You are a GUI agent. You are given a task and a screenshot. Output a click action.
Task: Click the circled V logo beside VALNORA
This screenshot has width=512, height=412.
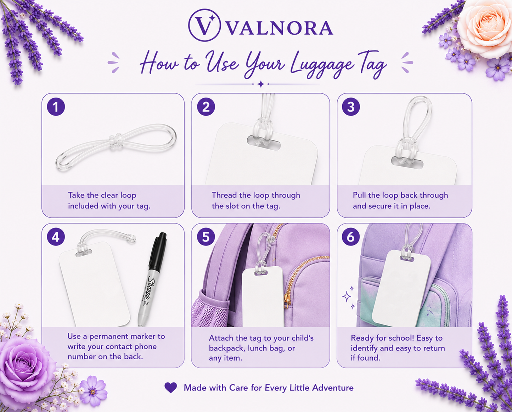pos(204,25)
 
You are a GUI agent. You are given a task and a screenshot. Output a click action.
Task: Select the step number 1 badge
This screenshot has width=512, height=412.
pos(56,106)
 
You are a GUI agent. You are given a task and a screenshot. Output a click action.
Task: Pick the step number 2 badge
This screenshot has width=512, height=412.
pos(206,106)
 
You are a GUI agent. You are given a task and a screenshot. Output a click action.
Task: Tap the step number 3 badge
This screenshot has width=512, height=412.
pos(351,106)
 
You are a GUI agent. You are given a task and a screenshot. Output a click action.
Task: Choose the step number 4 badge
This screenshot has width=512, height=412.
pos(56,237)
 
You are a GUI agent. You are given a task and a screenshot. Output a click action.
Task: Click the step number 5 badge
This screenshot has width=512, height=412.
pos(206,237)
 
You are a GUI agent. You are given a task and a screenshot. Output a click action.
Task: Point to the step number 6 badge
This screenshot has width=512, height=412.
pos(351,237)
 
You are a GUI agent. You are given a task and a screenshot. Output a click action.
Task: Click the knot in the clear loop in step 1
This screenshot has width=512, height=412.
pos(116,142)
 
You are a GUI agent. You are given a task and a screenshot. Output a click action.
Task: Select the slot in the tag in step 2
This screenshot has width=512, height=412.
pos(264,142)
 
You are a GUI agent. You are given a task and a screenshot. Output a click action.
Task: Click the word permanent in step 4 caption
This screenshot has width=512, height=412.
pos(108,336)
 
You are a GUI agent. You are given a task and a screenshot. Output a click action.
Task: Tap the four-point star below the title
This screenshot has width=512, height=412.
pos(261,84)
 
